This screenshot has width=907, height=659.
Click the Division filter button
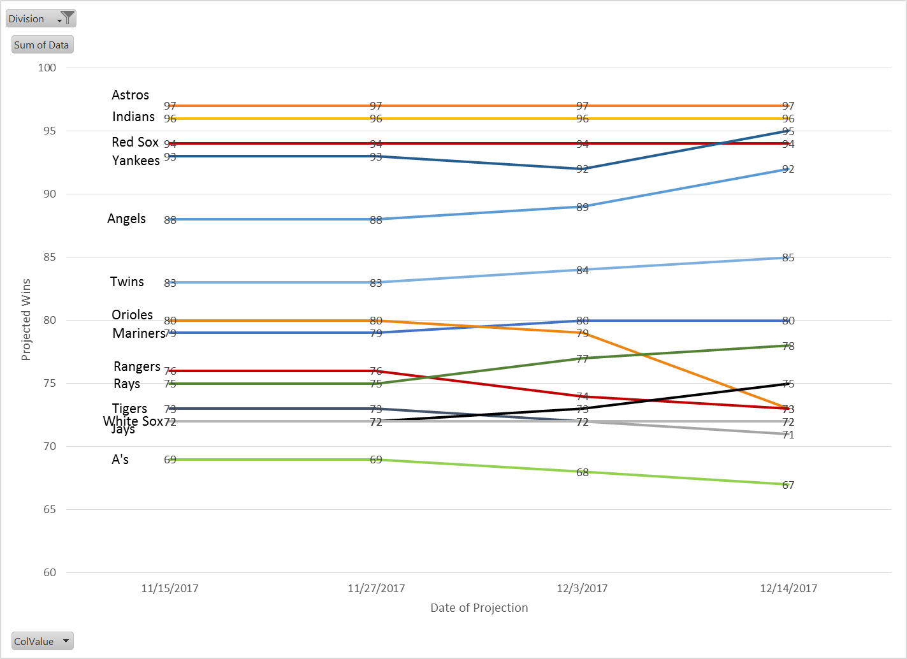41,18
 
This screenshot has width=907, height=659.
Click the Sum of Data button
42,45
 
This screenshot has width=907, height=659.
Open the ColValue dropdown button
42,641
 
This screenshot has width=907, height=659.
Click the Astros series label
130,95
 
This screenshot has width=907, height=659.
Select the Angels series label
126,219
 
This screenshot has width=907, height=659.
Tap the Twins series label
127,282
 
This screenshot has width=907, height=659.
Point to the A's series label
120,460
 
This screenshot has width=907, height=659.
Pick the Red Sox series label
135,142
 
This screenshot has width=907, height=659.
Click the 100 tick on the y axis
47,68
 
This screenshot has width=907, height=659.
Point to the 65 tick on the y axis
50,509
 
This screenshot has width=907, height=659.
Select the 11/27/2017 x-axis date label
376,588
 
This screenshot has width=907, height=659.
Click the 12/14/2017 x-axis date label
788,588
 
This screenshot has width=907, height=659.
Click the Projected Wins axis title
26,320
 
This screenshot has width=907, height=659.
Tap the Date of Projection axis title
479,608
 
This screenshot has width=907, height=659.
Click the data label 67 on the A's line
788,485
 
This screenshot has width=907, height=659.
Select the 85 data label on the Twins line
788,257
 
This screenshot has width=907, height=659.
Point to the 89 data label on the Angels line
583,207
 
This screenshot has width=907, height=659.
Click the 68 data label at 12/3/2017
583,472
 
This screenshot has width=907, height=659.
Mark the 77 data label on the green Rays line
583,359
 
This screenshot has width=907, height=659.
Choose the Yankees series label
136,161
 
